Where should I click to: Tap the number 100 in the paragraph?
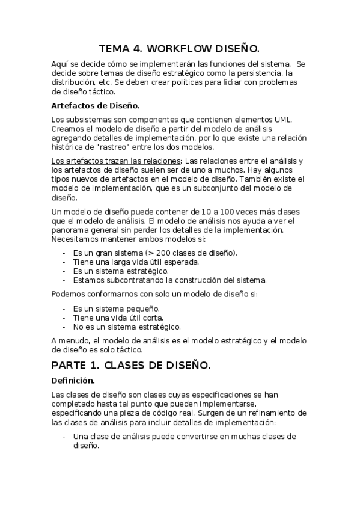coord(207,211)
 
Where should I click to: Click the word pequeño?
coord(141,308)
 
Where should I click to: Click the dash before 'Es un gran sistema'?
coord(64,252)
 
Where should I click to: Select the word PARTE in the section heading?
coord(70,365)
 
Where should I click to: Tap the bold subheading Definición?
coord(73,381)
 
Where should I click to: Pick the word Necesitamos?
coord(75,239)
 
